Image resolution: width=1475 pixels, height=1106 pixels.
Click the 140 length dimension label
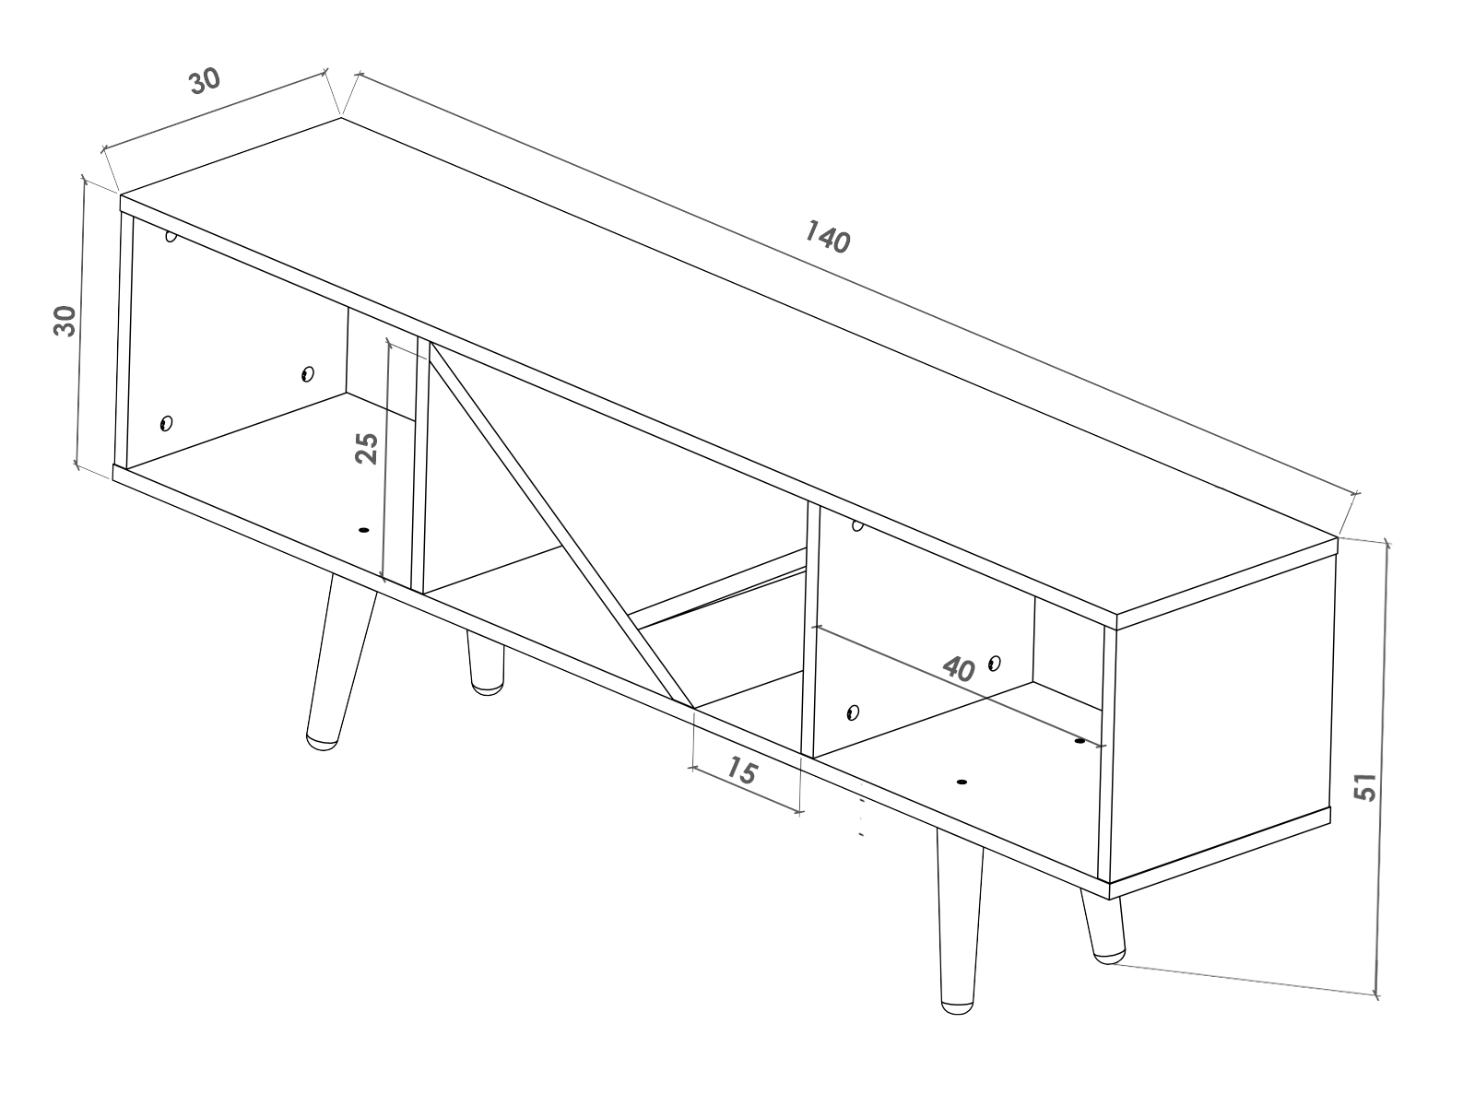(826, 237)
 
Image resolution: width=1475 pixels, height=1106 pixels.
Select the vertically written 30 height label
(65, 322)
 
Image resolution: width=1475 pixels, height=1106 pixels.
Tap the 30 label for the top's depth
(205, 81)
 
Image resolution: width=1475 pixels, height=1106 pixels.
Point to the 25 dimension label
(367, 448)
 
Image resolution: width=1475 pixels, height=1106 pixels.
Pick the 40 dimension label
(959, 668)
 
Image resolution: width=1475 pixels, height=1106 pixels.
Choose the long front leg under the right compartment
(959, 922)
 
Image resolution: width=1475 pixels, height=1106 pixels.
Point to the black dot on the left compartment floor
(363, 530)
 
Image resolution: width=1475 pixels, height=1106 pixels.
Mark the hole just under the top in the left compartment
(171, 236)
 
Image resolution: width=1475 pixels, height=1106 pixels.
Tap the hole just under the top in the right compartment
(857, 526)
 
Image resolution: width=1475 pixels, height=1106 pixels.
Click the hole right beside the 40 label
(994, 663)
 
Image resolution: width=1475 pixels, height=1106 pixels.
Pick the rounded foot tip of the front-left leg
(320, 741)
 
